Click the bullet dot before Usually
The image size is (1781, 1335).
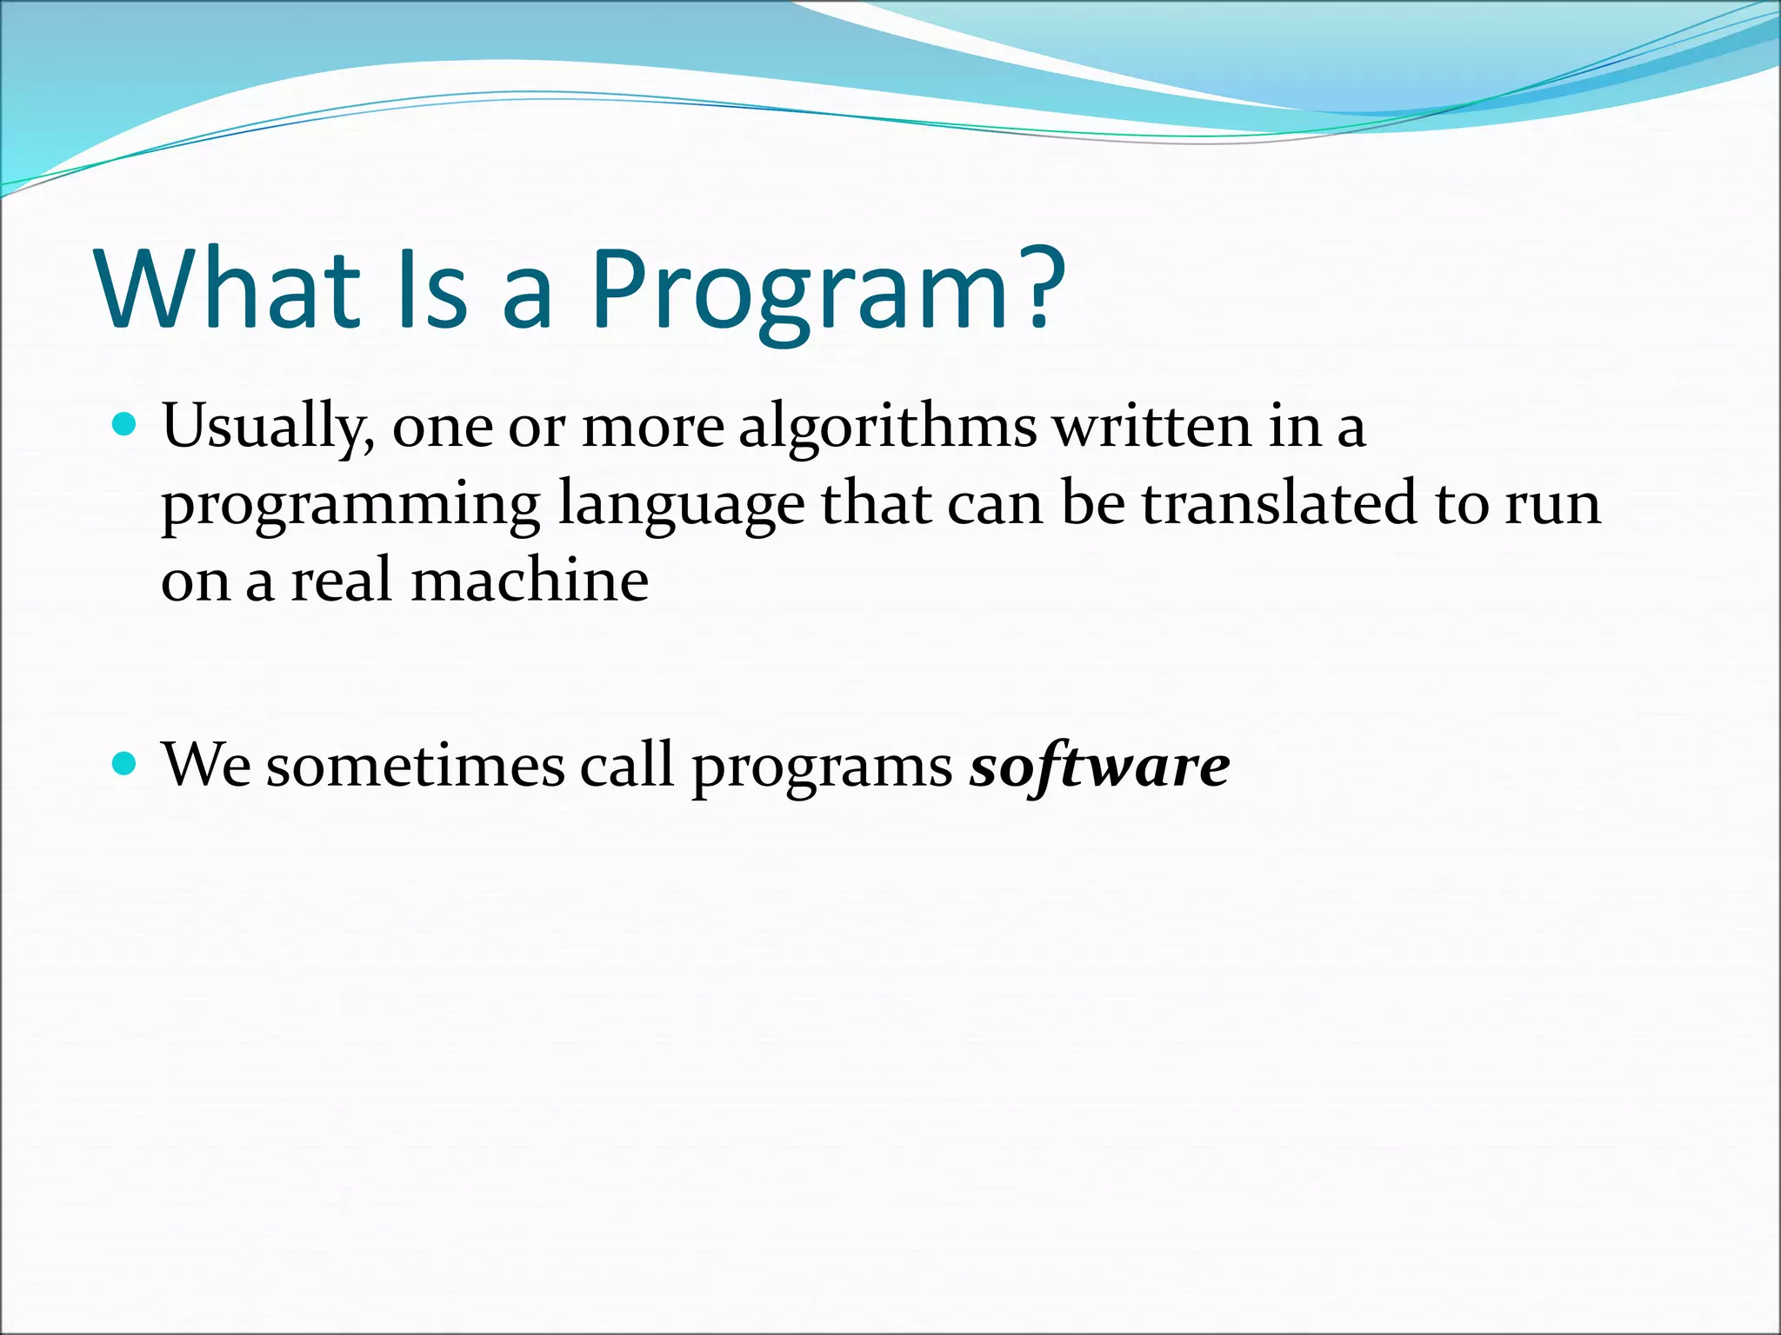126,425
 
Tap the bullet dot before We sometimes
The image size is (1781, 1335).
126,764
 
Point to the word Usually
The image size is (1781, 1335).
268,428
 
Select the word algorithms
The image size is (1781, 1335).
887,428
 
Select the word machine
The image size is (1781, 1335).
530,580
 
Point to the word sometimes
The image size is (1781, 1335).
415,766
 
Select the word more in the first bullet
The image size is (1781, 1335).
652,428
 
